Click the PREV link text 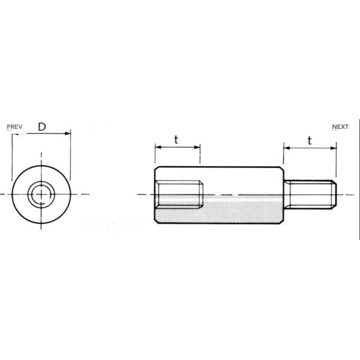14,127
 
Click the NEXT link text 340,127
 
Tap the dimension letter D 42,127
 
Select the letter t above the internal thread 176,140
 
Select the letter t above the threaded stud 310,141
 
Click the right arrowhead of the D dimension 67,134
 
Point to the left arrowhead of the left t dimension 158,147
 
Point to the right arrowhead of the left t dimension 197,147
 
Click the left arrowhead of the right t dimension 287,148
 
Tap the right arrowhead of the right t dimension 334,148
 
